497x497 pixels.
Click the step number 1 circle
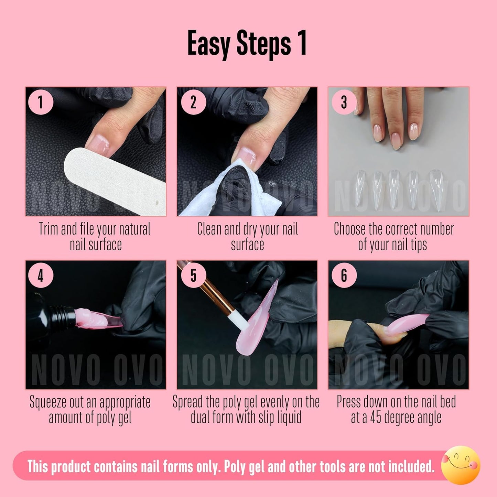pos(41,102)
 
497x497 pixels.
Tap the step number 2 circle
pos(193,102)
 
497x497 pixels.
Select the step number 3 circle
pos(344,102)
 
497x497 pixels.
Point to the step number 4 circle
pos(41,275)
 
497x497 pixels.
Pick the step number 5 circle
pos(193,275)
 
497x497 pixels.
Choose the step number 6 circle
pos(344,275)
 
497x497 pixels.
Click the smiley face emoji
pos(461,465)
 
